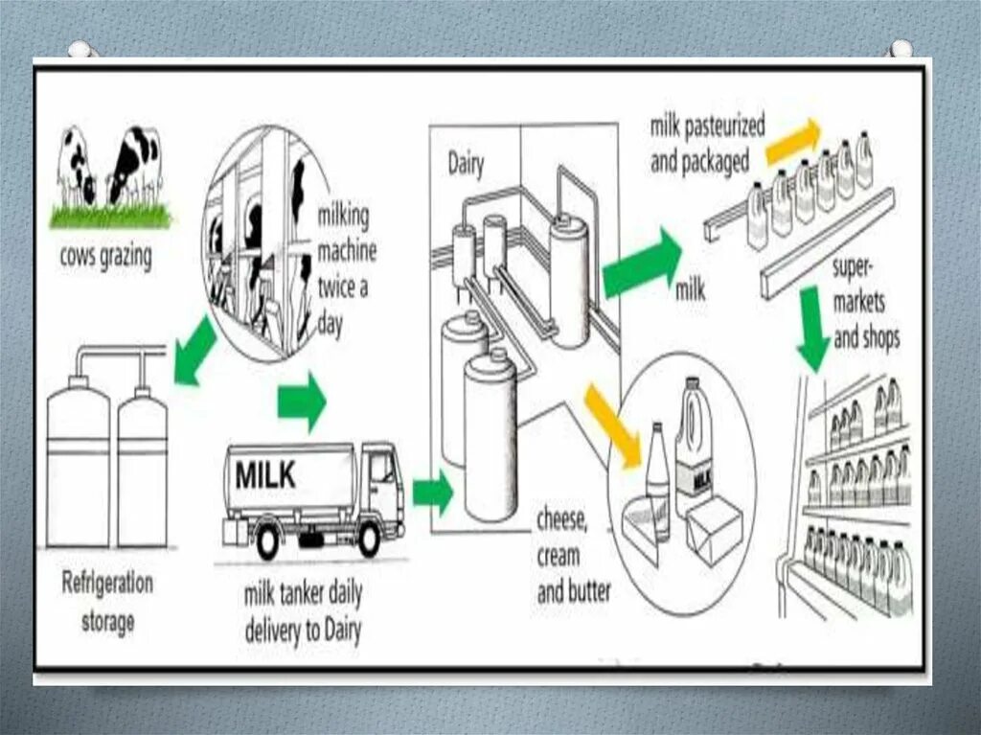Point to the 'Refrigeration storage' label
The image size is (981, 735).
coord(106,602)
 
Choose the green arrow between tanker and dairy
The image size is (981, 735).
coord(432,493)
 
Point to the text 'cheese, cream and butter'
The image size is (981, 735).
coord(573,556)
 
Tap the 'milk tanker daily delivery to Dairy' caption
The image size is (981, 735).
coord(303,613)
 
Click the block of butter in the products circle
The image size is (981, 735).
coord(713,530)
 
